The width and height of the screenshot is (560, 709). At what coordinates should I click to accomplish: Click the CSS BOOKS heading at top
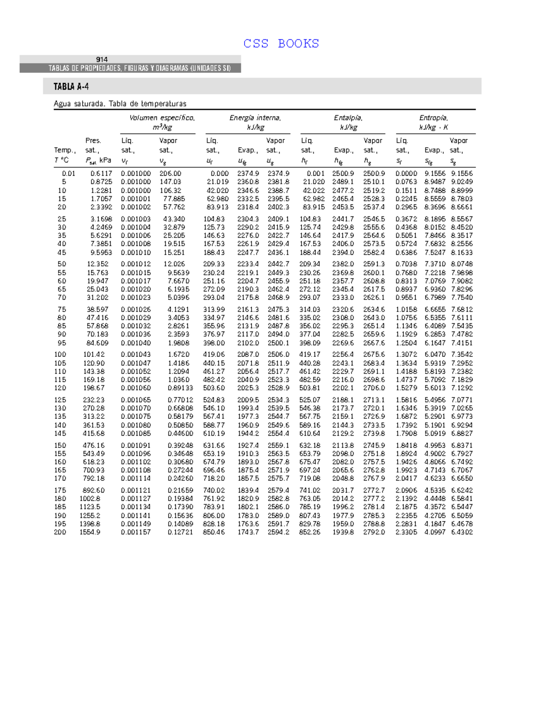(281, 44)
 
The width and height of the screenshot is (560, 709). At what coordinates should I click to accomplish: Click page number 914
(102, 60)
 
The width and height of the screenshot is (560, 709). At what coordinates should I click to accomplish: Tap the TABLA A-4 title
(71, 87)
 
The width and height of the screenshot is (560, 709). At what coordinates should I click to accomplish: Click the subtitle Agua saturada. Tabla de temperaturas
(120, 104)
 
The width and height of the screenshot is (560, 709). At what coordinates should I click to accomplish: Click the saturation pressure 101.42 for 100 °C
(94, 354)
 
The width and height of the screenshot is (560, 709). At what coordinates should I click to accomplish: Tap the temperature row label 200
(60, 532)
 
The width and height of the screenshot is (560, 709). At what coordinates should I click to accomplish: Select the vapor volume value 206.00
(170, 174)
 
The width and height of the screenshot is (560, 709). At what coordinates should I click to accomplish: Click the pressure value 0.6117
(101, 174)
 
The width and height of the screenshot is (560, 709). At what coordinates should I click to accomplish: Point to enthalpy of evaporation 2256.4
(343, 354)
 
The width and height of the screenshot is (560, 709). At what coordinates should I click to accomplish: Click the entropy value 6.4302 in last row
(462, 532)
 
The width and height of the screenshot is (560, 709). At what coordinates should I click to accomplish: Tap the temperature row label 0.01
(69, 174)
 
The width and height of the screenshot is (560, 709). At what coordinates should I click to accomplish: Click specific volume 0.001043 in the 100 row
(136, 354)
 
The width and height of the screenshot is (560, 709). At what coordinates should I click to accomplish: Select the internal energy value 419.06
(214, 354)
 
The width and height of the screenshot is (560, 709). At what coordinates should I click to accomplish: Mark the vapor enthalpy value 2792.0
(374, 532)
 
